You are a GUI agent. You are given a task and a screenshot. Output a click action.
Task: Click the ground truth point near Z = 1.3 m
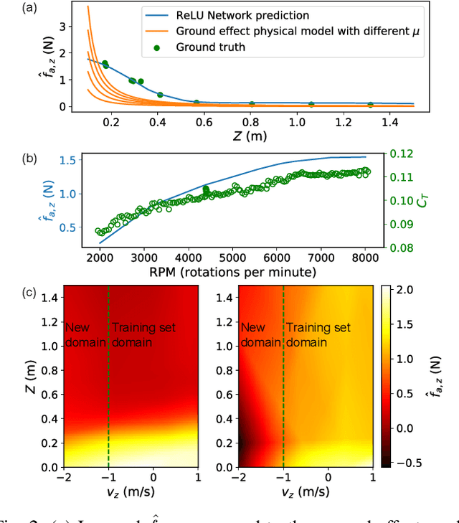point(370,104)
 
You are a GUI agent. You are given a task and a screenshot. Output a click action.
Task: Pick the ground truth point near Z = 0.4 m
point(160,95)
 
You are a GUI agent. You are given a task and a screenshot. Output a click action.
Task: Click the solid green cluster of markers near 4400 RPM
point(206,191)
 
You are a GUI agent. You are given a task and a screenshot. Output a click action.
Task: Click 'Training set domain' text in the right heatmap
point(318,335)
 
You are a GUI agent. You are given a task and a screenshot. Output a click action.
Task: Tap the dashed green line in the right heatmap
point(283,402)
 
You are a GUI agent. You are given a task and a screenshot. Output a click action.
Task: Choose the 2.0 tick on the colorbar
point(410,291)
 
